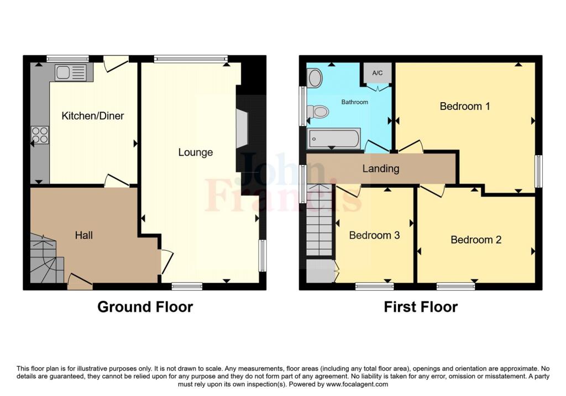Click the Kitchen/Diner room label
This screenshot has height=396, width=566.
click(93, 116)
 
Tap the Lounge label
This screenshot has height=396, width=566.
click(196, 152)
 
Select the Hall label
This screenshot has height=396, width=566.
click(84, 235)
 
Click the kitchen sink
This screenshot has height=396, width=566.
click(71, 72)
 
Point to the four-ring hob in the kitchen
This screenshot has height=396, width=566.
click(40, 135)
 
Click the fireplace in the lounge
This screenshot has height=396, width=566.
click(242, 128)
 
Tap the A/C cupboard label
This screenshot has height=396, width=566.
click(377, 73)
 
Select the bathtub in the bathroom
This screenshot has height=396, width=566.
click(333, 139)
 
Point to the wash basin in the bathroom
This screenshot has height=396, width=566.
click(315, 78)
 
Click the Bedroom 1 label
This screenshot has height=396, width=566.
click(465, 107)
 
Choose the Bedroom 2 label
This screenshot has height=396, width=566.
click(476, 240)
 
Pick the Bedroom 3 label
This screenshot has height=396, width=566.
click(374, 235)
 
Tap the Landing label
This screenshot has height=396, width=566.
click(381, 169)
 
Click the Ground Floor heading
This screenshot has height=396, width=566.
click(145, 307)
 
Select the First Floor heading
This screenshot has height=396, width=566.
click(421, 307)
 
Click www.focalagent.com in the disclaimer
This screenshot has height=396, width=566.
click(358, 384)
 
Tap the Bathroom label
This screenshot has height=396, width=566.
click(355, 102)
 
